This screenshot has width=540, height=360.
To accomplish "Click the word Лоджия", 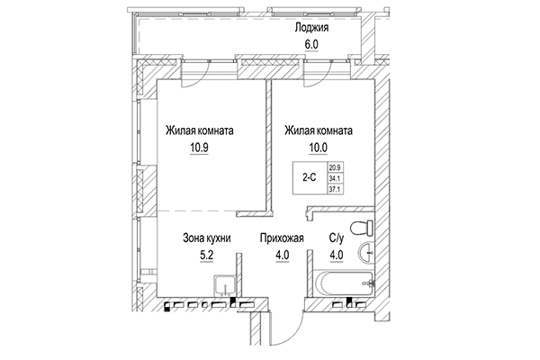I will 311,27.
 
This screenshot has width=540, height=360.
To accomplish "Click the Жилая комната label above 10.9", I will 200,130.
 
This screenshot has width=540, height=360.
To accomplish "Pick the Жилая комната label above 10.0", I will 318,130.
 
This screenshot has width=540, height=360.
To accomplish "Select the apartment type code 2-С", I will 309,177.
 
